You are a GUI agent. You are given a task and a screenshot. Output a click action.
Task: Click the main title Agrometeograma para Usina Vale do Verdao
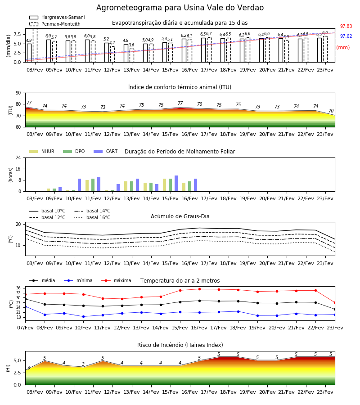(180, 8)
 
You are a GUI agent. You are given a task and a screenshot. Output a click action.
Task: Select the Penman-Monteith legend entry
(55, 24)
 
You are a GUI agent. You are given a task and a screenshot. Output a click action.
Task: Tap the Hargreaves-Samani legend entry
(57, 17)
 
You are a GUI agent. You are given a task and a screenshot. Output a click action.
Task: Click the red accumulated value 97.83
(346, 26)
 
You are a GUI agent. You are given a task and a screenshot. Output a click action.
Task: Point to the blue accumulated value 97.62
(346, 36)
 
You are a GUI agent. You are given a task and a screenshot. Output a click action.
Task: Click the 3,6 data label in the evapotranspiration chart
(131, 45)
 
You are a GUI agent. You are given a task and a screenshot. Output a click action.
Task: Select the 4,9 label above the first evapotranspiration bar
(29, 40)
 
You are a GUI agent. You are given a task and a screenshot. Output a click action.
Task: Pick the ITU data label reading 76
(200, 104)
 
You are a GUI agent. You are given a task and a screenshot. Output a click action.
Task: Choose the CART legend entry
(106, 151)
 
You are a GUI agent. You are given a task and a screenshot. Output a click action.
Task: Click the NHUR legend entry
(42, 151)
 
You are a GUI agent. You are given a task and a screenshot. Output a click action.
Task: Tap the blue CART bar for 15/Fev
(176, 184)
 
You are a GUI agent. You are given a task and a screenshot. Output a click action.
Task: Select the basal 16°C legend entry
(92, 217)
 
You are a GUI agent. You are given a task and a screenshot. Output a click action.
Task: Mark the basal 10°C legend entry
(47, 211)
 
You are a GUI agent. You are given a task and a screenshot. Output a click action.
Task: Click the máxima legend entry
(116, 280)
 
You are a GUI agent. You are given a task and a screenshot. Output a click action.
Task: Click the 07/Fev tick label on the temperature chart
(25, 328)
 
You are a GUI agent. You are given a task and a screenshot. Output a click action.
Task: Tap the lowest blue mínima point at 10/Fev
(83, 316)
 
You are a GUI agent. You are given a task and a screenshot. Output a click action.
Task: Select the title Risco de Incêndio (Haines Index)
(180, 345)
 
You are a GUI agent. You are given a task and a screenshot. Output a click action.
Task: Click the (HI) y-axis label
(8, 368)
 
